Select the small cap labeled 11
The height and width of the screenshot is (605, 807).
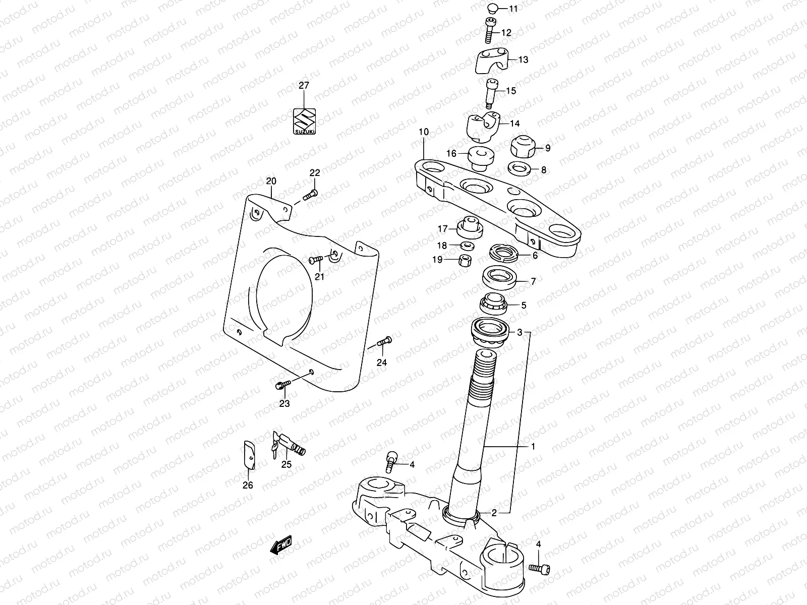493,8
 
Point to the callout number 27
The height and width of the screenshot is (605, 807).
304,86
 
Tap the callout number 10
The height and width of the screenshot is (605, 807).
423,132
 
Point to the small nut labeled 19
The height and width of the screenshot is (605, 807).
465,261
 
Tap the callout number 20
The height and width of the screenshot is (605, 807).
271,181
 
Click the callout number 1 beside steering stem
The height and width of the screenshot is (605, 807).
533,447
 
